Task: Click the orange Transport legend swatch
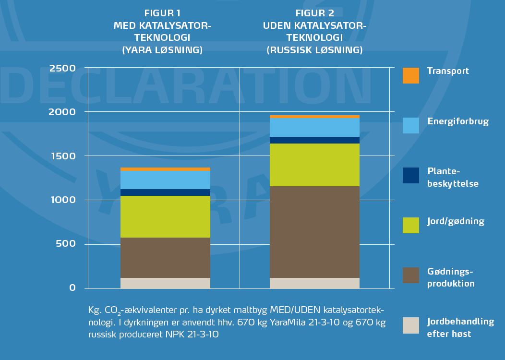click(x=410, y=75)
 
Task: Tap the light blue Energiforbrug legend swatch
click(x=410, y=126)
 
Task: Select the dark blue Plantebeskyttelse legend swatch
click(x=410, y=176)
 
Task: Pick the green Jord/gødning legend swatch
click(x=410, y=225)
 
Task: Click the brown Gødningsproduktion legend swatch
click(x=410, y=275)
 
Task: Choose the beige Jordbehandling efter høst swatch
click(x=410, y=325)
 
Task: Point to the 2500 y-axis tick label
click(x=62, y=68)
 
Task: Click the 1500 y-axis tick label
click(x=62, y=156)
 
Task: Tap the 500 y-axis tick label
click(x=65, y=244)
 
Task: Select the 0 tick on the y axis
click(x=72, y=288)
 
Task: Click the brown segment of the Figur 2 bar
click(x=314, y=232)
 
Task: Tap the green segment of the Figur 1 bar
click(x=165, y=216)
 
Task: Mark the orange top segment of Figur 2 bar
click(x=314, y=117)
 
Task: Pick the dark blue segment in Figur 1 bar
click(x=165, y=192)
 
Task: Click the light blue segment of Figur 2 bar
click(x=314, y=127)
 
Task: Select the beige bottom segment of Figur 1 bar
click(x=165, y=283)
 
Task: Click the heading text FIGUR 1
click(x=162, y=13)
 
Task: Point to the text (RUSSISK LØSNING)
click(x=314, y=50)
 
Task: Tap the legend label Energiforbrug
click(x=458, y=121)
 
